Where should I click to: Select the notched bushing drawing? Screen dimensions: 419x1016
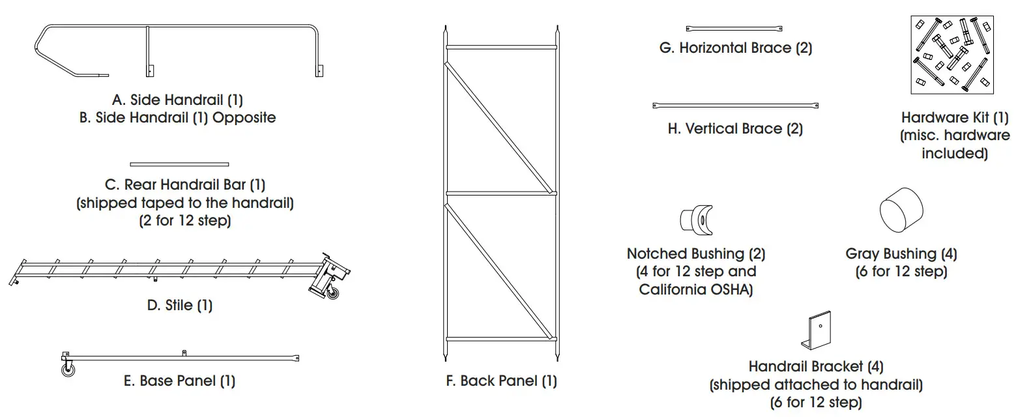point(695,218)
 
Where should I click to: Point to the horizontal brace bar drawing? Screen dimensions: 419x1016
point(734,28)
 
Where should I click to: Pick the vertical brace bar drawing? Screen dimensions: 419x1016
point(735,105)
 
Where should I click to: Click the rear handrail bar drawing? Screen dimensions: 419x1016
point(179,164)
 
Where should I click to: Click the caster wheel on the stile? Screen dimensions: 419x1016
point(333,293)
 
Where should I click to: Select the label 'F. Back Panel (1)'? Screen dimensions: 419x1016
point(501,381)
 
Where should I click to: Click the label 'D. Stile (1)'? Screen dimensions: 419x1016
point(180,305)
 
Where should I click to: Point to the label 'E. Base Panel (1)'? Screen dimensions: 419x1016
point(179,381)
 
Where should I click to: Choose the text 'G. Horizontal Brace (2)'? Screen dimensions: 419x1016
point(735,48)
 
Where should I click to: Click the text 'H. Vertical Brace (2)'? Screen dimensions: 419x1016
point(735,129)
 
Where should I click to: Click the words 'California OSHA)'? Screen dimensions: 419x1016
point(696,290)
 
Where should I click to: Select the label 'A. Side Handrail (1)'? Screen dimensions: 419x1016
point(177,100)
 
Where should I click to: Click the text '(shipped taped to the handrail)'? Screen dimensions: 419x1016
point(185,203)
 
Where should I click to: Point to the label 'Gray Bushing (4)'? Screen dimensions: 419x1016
point(901,253)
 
